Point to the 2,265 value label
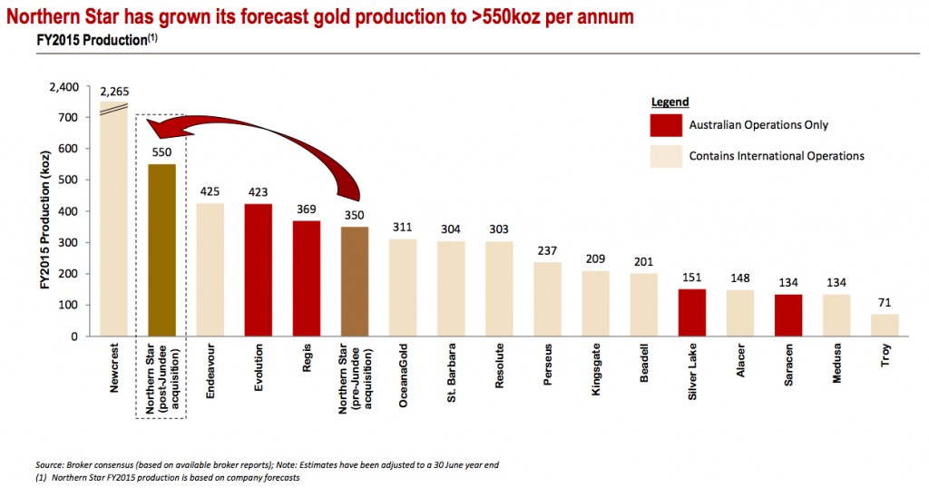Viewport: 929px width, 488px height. pos(115,92)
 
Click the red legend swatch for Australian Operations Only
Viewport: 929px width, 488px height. pos(665,125)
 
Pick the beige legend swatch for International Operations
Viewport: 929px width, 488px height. pos(665,155)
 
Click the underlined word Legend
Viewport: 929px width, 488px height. pos(670,102)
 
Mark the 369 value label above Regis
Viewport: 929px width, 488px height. pos(307,208)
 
